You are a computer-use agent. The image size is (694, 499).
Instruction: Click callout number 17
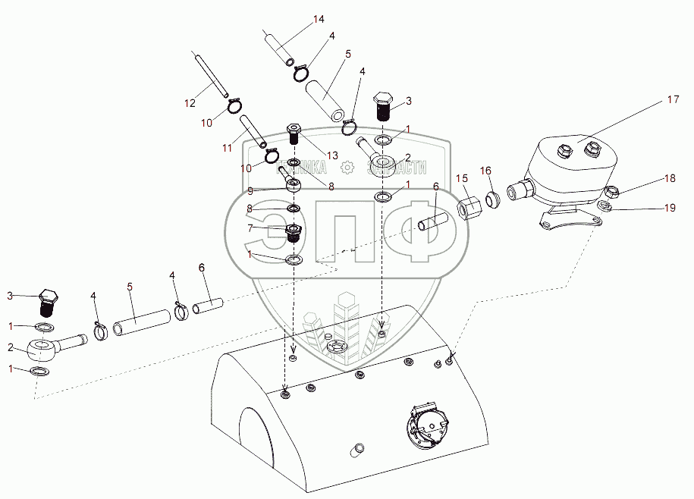tap(673, 99)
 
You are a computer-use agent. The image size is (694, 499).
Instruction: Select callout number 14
tap(318, 18)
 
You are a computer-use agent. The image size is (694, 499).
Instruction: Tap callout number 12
tap(190, 103)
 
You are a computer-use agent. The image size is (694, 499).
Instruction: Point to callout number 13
tap(331, 155)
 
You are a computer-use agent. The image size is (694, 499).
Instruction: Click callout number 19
tap(670, 208)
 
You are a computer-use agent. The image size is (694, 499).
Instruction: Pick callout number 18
tap(670, 178)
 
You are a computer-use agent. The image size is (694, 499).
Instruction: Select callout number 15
tap(461, 178)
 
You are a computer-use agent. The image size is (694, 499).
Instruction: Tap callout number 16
tap(486, 171)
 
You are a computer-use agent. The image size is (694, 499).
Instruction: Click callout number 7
tap(250, 228)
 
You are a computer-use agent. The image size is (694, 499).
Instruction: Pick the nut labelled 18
tap(612, 193)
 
